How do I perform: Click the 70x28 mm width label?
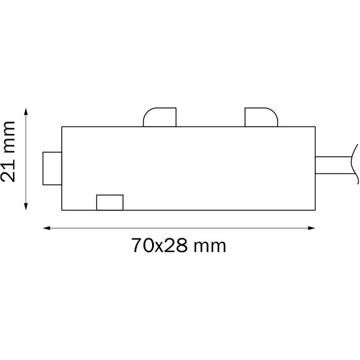179,246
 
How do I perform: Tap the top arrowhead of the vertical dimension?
26,112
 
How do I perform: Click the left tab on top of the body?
160,118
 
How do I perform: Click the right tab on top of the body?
261,118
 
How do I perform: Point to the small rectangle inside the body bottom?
110,202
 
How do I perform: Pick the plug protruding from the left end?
52,168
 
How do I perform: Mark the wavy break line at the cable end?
354,163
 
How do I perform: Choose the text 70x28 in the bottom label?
160,246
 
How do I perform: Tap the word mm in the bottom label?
210,246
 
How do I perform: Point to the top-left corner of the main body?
62,127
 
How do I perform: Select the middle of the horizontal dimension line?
179,228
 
